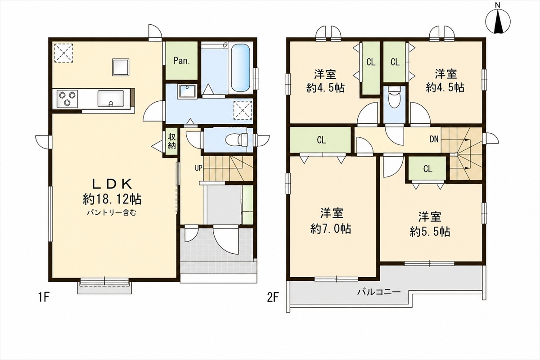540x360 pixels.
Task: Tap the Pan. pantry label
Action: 182,61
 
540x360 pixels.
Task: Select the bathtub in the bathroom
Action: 240,68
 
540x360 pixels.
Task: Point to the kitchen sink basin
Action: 111,99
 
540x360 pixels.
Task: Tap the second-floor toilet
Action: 394,99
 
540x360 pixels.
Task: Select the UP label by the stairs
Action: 198,168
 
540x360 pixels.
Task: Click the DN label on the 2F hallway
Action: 434,139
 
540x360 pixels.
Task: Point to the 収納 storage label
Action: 171,142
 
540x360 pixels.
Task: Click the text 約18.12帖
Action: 112,199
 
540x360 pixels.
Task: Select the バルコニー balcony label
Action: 379,292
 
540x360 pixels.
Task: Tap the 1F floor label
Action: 44,298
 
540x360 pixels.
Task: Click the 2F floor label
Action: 273,298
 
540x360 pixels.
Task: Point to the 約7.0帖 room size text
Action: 330,229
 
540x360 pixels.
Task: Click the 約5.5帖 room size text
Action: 430,232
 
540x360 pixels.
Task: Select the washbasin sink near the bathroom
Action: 187,91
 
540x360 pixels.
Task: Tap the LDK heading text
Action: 112,184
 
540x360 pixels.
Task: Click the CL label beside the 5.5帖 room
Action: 427,169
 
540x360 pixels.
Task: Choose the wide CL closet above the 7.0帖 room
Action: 320,139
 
